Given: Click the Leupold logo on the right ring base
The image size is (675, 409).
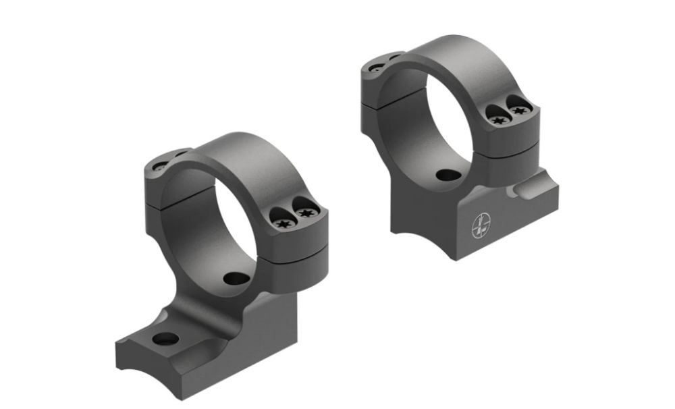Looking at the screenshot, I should (x=481, y=225).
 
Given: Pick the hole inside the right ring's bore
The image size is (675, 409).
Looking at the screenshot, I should (x=448, y=175).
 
